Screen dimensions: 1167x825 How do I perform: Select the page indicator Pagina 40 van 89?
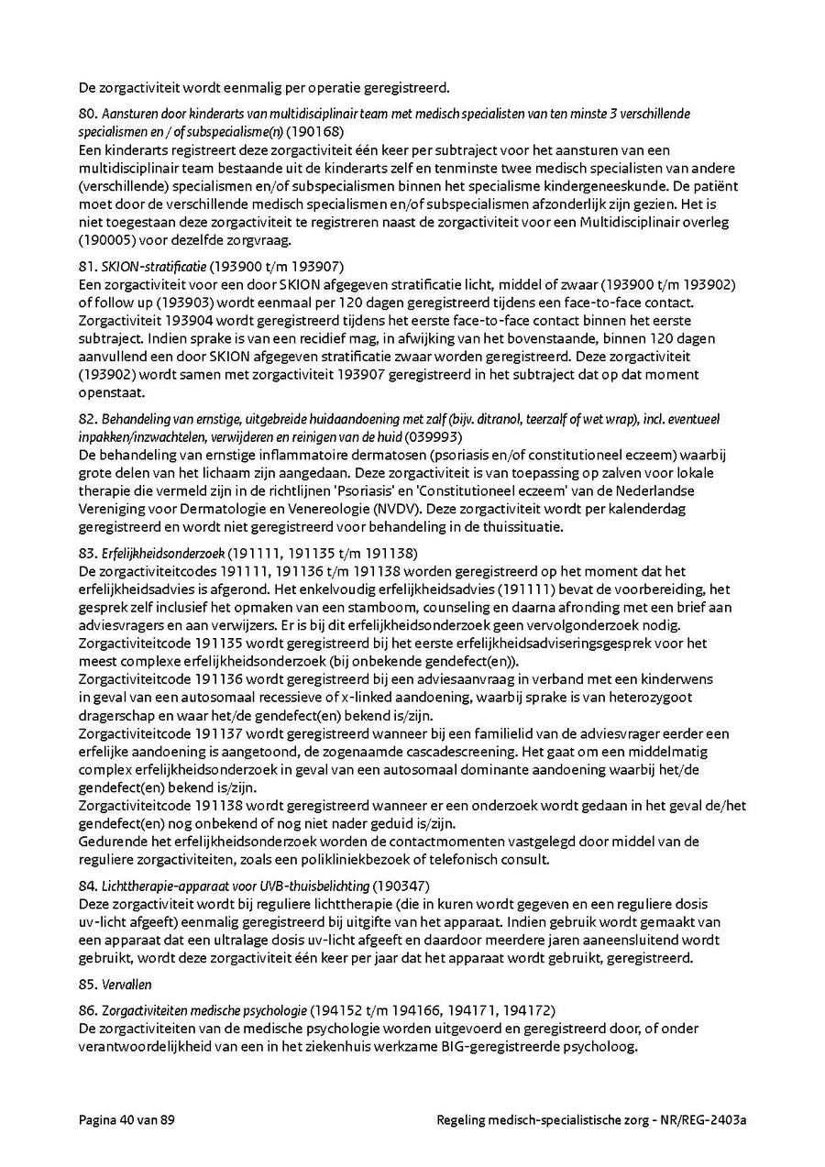tap(126, 1120)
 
